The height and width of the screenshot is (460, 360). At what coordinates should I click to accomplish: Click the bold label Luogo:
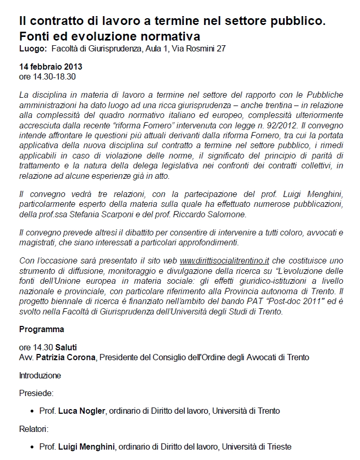pos(33,49)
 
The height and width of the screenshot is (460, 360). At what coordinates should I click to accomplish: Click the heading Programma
pos(42,329)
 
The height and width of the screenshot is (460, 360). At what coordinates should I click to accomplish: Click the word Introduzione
pos(40,375)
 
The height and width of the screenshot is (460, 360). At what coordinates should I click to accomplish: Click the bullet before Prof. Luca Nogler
pos(33,411)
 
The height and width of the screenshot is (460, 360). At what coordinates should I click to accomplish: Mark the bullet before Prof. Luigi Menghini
pos(33,447)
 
